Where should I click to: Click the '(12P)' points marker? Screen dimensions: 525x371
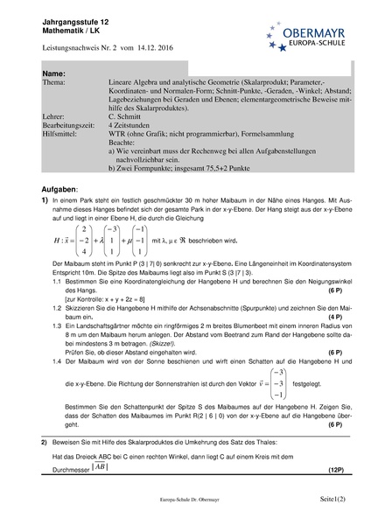pos(336,470)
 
